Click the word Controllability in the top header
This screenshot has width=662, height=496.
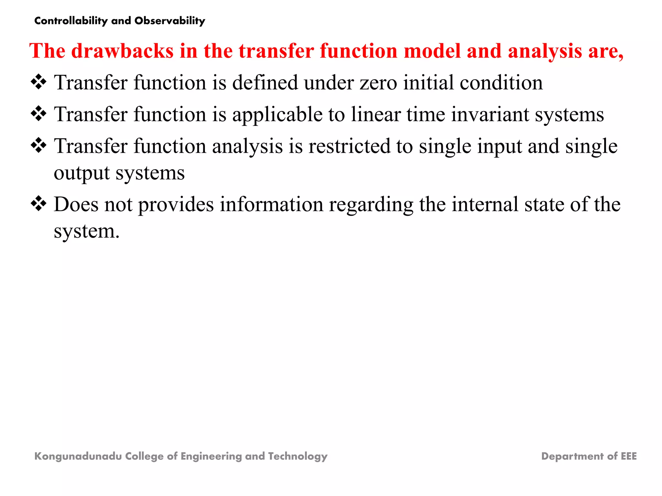tap(71, 21)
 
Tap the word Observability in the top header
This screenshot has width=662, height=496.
tap(170, 21)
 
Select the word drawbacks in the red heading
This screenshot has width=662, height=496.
tap(122, 51)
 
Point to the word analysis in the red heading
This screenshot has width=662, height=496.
tap(544, 51)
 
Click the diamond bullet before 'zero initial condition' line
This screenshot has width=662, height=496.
tap(38, 82)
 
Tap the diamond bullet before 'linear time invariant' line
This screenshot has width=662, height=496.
tap(38, 114)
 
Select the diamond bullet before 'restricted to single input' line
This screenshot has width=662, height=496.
tap(38, 145)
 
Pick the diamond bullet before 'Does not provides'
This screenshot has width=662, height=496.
tap(38, 204)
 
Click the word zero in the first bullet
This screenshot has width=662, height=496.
tap(378, 83)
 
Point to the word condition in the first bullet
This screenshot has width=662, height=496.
tap(501, 83)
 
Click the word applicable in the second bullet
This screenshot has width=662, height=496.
tap(277, 115)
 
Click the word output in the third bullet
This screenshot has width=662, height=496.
tap(81, 173)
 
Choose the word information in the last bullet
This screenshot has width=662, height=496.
tap(272, 204)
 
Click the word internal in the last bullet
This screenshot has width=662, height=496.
tap(485, 204)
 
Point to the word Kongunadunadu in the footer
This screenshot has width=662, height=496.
tap(78, 456)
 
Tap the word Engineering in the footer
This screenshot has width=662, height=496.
tap(211, 456)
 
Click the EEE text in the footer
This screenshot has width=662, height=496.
tap(628, 456)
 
